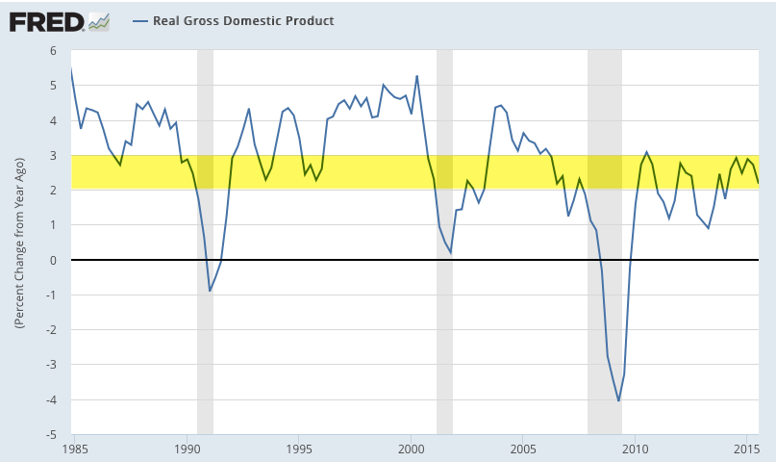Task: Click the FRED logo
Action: pyautogui.click(x=46, y=20)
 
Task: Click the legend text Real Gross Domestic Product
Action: pyautogui.click(x=243, y=21)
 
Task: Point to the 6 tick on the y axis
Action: pyautogui.click(x=53, y=51)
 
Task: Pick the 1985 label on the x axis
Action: pyautogui.click(x=75, y=449)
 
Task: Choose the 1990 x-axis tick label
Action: pyautogui.click(x=187, y=449)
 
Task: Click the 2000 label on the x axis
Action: pyautogui.click(x=412, y=449)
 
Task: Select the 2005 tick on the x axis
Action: pyautogui.click(x=523, y=449)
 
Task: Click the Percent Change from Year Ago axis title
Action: pyautogui.click(x=19, y=242)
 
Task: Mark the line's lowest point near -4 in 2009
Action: pyautogui.click(x=618, y=400)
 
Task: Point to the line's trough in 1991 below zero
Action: pyautogui.click(x=210, y=291)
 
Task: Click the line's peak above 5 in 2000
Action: pyautogui.click(x=416, y=76)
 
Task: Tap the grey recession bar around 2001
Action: pyautogui.click(x=444, y=241)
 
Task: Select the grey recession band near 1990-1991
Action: pyautogui.click(x=205, y=241)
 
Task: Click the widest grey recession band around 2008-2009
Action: pyautogui.click(x=605, y=241)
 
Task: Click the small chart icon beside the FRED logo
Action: pyautogui.click(x=98, y=20)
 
